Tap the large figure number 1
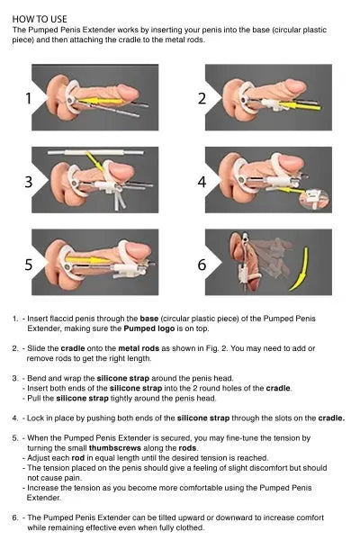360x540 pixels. [29, 98]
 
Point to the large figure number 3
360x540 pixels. [29, 181]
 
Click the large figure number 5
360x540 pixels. [29, 264]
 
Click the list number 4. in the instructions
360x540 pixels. [15, 417]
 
